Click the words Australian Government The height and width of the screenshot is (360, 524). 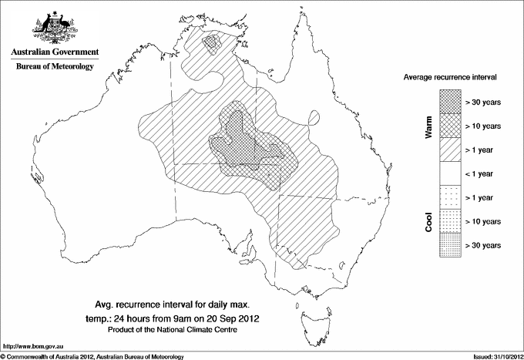[54, 52]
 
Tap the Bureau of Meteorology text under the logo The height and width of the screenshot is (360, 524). [54, 67]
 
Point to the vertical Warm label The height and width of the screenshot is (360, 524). [429, 126]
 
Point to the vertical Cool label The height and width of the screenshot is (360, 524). [429, 221]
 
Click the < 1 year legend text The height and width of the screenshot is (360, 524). [483, 173]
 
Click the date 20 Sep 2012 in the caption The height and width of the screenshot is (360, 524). [233, 318]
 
